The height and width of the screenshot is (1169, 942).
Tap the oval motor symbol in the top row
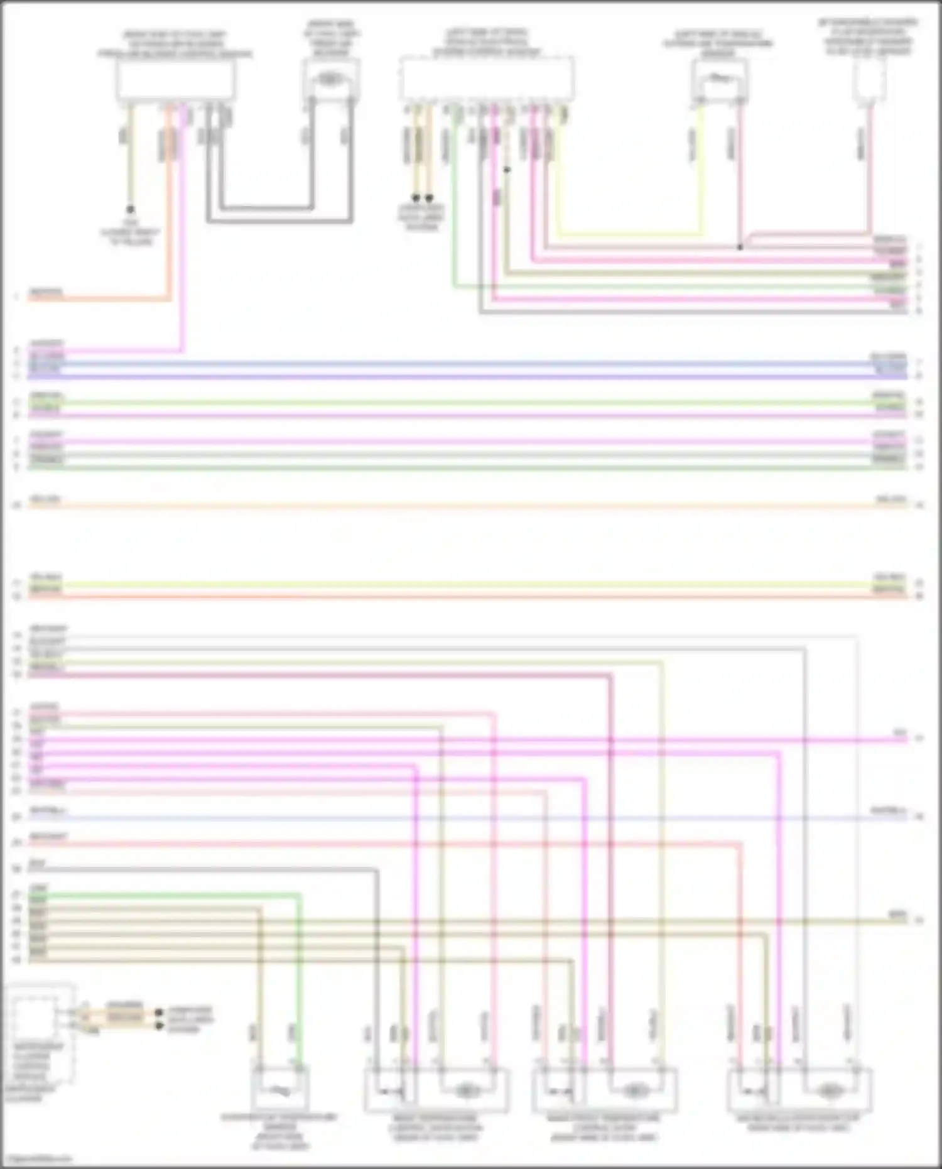point(330,79)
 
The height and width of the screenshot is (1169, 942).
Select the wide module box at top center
point(487,78)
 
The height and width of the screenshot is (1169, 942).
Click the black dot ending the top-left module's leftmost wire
point(130,209)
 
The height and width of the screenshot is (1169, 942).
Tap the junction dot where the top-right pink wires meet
point(740,247)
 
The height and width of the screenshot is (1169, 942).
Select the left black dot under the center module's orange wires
point(416,197)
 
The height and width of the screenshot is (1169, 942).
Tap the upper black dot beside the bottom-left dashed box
point(159,1012)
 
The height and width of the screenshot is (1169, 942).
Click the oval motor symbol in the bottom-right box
point(829,1092)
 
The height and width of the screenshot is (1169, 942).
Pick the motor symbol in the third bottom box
point(634,1092)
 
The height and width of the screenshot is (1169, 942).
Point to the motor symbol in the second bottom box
point(465,1092)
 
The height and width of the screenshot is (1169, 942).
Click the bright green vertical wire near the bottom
point(300,980)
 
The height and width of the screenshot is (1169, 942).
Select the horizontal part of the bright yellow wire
point(628,234)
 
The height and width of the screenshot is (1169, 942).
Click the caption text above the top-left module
point(175,44)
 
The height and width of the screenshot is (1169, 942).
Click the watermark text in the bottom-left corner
point(36,1158)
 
